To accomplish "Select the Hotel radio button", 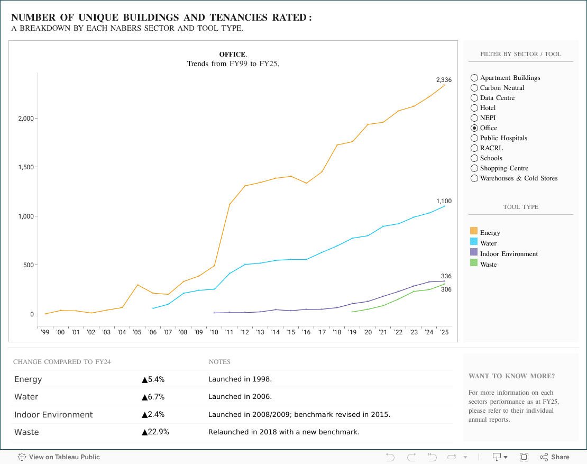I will (x=474, y=108).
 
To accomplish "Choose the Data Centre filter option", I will (x=474, y=98).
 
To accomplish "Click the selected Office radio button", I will (x=474, y=128).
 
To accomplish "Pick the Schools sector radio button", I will (x=474, y=158).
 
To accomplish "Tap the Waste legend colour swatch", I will (x=474, y=262).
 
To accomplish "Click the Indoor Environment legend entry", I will (x=509, y=254).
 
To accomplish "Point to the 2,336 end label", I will (x=444, y=80).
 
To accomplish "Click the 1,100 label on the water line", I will (x=444, y=201).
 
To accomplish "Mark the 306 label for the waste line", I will (x=446, y=289).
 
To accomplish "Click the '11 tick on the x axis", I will (x=230, y=332).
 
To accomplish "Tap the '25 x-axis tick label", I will (x=444, y=332).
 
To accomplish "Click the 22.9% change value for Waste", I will (x=155, y=432).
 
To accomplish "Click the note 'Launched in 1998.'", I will (x=240, y=379).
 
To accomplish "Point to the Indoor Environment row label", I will (x=53, y=415).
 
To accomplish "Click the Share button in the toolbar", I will (x=555, y=457).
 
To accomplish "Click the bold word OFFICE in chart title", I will (x=232, y=54).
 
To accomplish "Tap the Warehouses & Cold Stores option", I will (x=474, y=178).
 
